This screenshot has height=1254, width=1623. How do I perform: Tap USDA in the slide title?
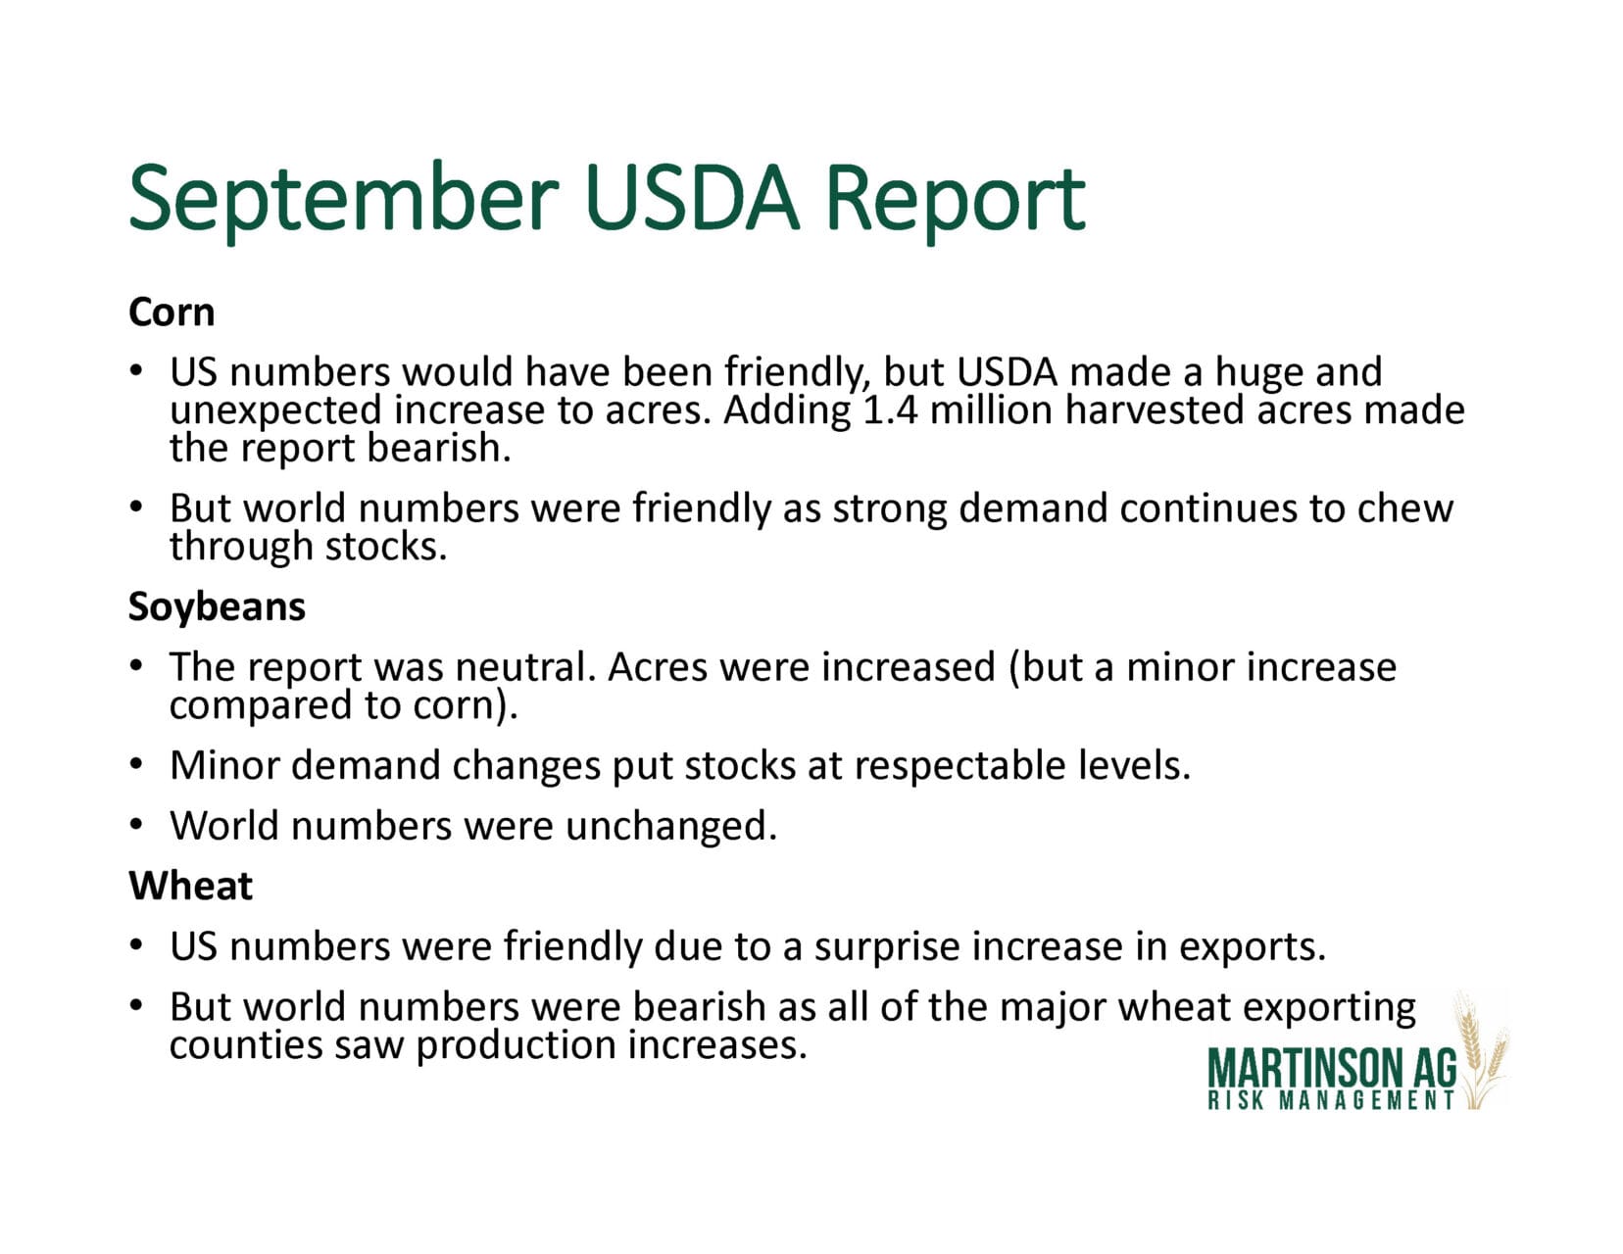click(692, 199)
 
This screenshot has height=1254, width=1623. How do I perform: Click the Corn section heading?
click(172, 312)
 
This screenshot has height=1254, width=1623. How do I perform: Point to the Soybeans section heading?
click(217, 606)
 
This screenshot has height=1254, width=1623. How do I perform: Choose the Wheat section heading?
click(190, 886)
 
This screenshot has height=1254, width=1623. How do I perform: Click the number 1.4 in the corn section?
click(890, 410)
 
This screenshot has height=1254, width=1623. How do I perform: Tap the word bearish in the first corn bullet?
click(438, 448)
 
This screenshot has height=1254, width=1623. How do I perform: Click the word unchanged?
click(671, 827)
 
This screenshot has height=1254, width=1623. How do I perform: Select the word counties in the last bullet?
click(246, 1045)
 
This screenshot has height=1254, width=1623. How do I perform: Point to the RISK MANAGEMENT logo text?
click(1331, 1100)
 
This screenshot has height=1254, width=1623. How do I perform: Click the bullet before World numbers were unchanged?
click(135, 826)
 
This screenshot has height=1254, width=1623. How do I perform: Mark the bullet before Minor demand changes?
click(135, 765)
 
